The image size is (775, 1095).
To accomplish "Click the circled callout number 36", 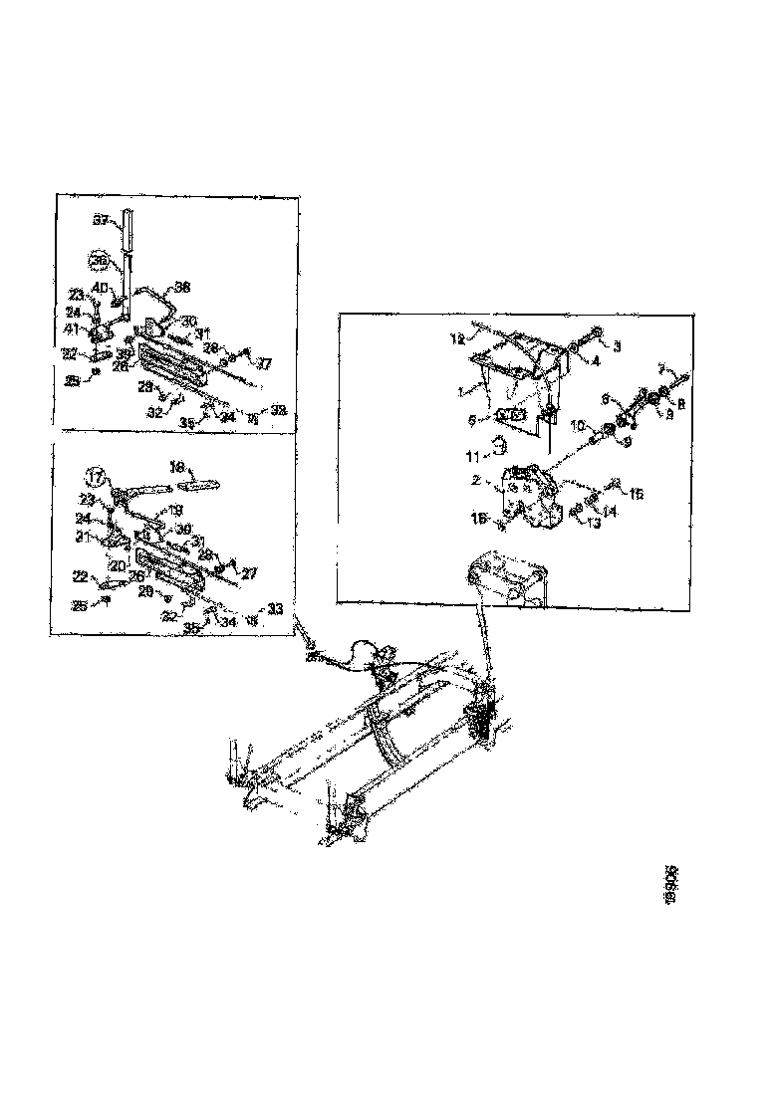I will (99, 261).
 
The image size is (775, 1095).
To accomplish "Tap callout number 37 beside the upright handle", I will (100, 220).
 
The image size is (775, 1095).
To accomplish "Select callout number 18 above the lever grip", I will (178, 465).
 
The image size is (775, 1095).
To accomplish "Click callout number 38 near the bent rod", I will (182, 288).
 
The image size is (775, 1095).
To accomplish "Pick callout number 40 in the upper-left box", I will (101, 288).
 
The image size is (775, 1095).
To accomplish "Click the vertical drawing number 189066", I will (672, 885).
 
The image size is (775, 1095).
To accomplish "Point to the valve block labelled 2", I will (527, 492).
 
